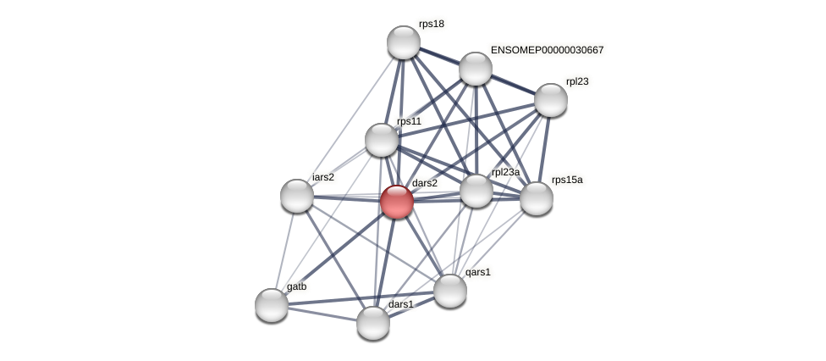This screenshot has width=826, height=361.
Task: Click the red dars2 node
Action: tap(396, 202)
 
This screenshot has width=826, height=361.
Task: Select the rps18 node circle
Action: tap(404, 42)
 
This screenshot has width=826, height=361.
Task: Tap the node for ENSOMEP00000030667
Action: tap(476, 69)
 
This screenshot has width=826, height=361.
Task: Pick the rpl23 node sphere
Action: tap(550, 100)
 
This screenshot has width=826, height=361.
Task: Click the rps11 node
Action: tap(382, 140)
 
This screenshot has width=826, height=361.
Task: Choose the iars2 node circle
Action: tap(297, 196)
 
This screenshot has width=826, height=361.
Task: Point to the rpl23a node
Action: tap(476, 191)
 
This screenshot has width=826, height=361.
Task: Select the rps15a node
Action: tap(536, 198)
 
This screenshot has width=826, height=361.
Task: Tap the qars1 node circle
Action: tap(450, 291)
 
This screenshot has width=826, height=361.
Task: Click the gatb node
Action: tap(272, 305)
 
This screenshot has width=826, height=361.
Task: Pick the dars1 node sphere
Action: tap(373, 323)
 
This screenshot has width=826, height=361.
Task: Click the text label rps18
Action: tap(431, 24)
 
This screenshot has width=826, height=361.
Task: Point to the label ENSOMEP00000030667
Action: tap(547, 50)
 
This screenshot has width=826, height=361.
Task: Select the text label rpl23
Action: tap(577, 81)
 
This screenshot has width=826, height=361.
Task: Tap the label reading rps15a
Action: tap(566, 180)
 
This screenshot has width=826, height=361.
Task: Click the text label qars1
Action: tap(477, 272)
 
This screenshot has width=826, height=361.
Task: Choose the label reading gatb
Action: tap(296, 286)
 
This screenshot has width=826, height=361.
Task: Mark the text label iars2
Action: tap(322, 177)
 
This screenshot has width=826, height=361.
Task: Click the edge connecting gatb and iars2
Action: tap(284, 250)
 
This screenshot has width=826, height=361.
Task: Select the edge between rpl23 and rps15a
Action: tap(543, 149)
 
